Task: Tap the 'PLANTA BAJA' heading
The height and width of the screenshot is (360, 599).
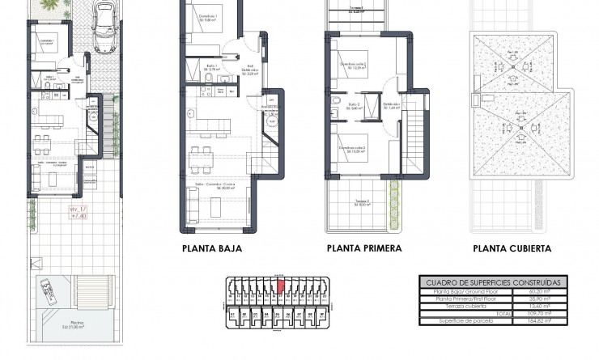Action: (x=212, y=248)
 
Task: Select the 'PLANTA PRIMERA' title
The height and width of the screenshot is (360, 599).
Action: (x=364, y=248)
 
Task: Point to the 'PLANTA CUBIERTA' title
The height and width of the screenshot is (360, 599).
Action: (x=512, y=248)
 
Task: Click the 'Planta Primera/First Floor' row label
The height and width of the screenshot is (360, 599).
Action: (x=464, y=300)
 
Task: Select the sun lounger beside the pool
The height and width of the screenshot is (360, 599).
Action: (x=46, y=290)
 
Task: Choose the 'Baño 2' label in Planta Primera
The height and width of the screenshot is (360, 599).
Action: (x=354, y=104)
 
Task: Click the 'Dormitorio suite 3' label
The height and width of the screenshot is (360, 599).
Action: (x=353, y=149)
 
